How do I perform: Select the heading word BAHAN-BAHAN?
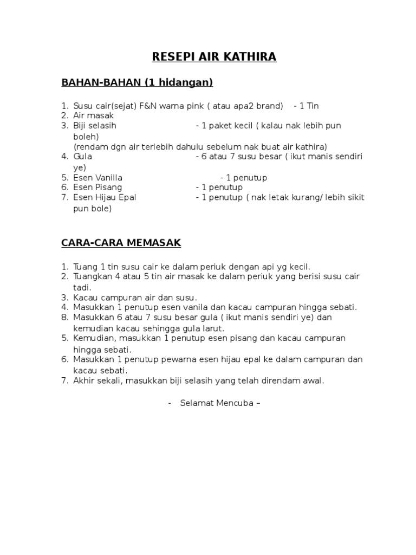pyautogui.click(x=100, y=82)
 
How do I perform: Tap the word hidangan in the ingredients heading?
pyautogui.click(x=184, y=82)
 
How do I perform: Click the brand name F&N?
pyautogui.click(x=148, y=105)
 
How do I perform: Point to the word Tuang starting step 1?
pyautogui.click(x=86, y=266)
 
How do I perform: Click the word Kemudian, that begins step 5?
pyautogui.click(x=94, y=338)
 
